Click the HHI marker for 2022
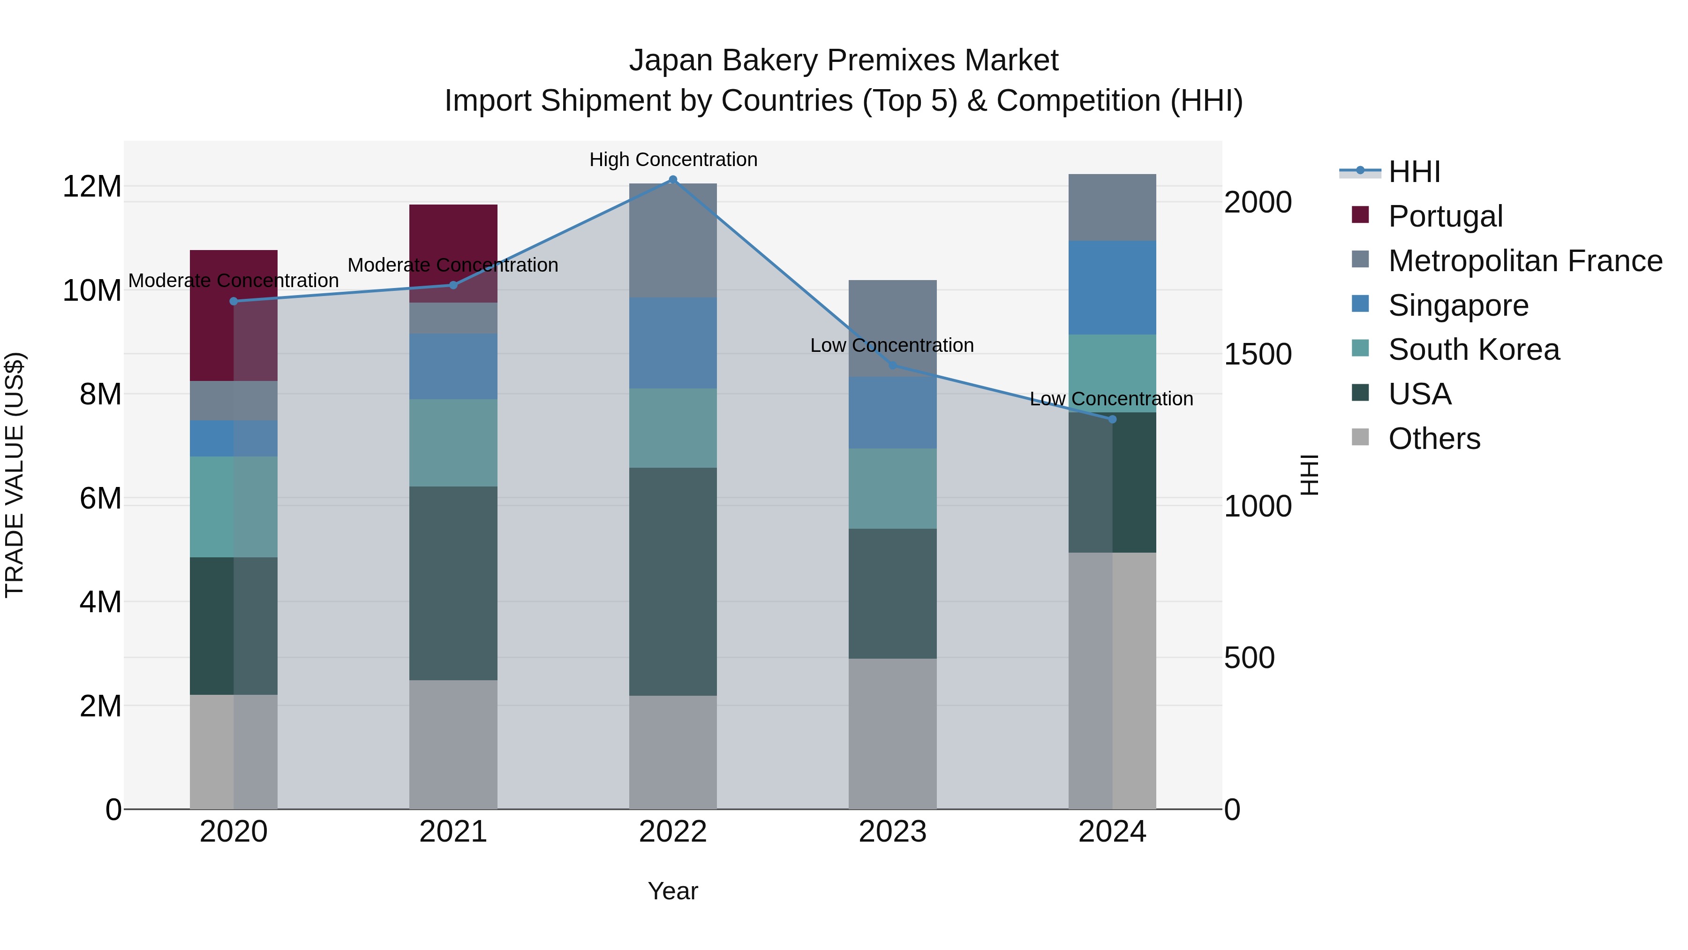point(672,180)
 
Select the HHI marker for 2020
point(234,302)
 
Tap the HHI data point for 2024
point(1112,419)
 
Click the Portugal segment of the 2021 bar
point(453,253)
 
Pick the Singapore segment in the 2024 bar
point(1112,288)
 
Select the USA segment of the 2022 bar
point(672,582)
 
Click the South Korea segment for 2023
point(892,488)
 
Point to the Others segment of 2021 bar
point(453,744)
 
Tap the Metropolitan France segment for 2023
point(892,328)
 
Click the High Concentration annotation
point(673,160)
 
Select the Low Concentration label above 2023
point(892,345)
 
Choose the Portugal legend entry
point(1445,216)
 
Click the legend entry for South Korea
point(1474,350)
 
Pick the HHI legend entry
point(1414,172)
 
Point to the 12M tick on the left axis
point(92,187)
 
